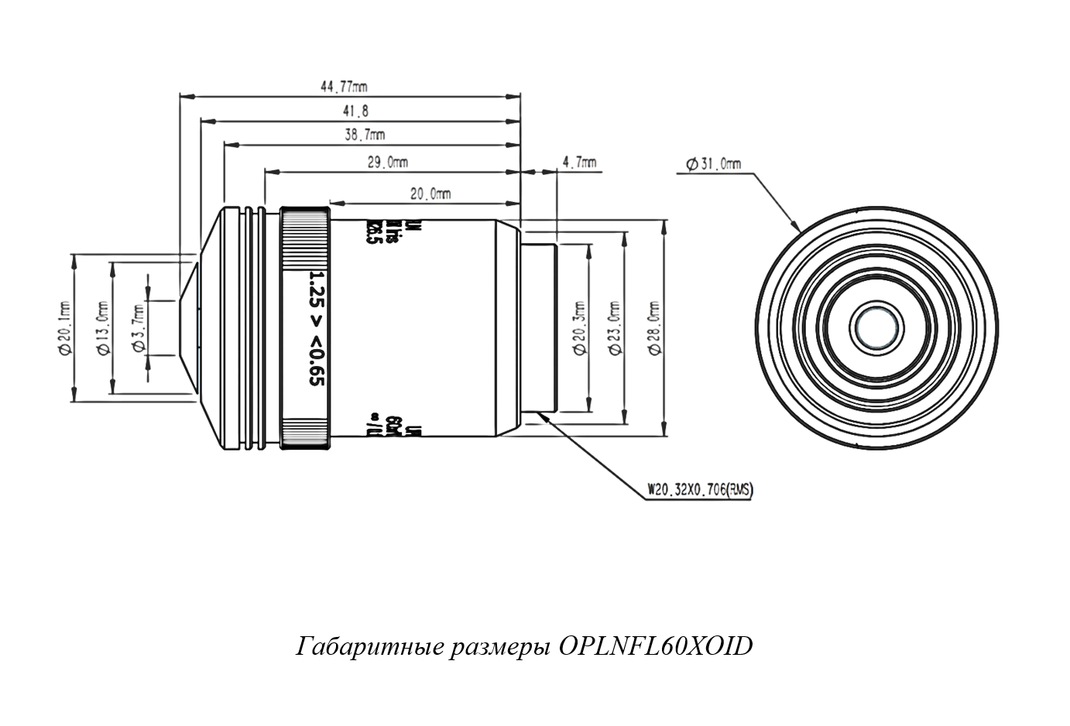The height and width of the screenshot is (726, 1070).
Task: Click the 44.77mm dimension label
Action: tap(344, 86)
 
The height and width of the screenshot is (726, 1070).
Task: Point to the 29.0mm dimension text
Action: tap(387, 162)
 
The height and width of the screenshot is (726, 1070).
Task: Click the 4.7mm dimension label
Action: tap(578, 163)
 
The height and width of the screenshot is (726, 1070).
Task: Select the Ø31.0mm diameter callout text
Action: tap(713, 163)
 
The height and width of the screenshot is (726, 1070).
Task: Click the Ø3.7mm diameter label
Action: tap(139, 328)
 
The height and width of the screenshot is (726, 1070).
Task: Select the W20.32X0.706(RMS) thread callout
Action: tap(700, 489)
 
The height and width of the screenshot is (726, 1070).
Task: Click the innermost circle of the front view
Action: tap(876, 327)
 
